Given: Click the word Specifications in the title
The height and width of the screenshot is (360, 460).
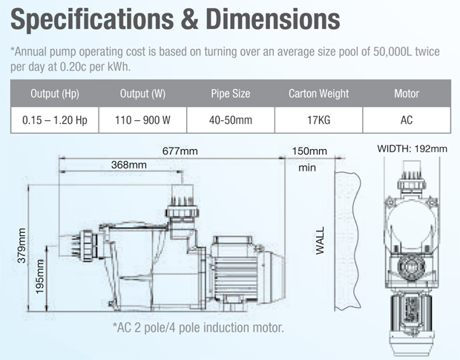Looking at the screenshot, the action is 92,19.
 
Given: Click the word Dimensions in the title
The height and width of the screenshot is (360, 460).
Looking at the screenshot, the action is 273,19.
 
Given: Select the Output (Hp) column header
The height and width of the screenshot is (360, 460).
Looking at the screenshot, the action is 55,94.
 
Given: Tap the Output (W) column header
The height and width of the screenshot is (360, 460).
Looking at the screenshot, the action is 142,94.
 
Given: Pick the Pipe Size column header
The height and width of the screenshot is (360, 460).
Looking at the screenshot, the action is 231,94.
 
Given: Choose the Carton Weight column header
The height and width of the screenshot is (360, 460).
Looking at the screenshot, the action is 318,94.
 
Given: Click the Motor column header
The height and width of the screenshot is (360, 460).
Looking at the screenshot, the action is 407,94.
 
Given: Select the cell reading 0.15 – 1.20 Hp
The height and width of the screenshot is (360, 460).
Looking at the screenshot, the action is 55,120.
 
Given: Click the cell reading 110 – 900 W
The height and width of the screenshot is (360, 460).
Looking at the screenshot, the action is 142,120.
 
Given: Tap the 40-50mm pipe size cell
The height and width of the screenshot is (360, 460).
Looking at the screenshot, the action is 231,120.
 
